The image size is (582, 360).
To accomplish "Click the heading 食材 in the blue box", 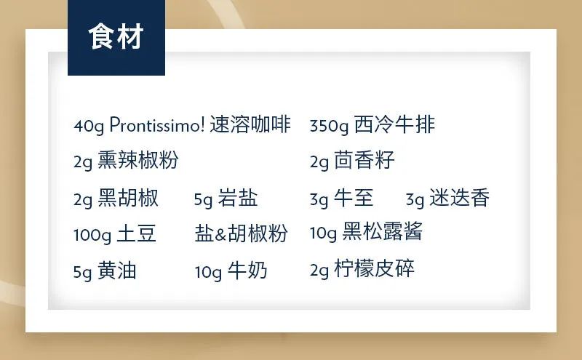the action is (116, 36).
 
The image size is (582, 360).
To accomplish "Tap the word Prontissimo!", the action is (157, 124).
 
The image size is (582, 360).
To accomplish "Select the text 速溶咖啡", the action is (250, 124).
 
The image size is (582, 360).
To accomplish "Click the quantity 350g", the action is (330, 127).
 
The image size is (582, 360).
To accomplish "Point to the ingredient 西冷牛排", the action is (394, 124).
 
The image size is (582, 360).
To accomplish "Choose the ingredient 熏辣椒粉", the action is (138, 160).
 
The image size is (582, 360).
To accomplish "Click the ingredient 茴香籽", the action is (364, 160).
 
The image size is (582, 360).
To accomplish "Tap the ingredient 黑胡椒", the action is (128, 197).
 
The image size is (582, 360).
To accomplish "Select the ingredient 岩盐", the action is (238, 197).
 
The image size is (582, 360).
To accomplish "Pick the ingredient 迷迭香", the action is (459, 197).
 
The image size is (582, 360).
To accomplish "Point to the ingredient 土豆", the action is (136, 233).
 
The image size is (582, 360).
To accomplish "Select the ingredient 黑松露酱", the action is (383, 231).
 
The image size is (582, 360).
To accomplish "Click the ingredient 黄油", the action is (117, 271).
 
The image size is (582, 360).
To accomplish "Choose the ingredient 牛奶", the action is (247, 271).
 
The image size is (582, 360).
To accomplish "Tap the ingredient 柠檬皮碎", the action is (374, 268).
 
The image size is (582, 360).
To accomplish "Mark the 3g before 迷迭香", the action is (415, 200).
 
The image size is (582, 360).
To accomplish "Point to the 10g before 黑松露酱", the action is (323, 233).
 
